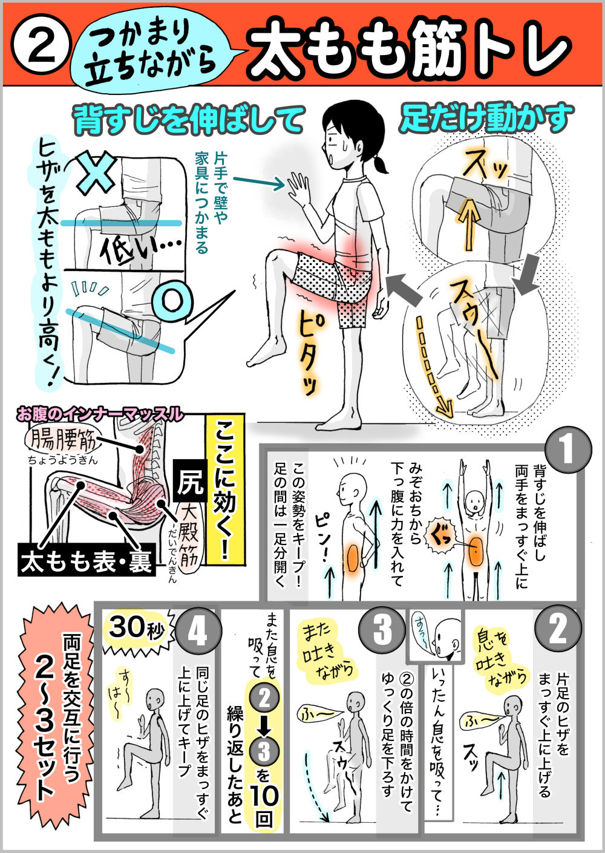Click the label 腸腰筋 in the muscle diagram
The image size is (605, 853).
(x=63, y=442)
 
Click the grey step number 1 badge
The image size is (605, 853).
(x=567, y=449)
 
